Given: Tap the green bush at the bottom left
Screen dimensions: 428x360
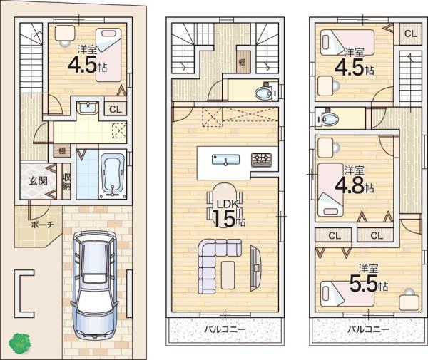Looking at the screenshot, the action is click(20, 344).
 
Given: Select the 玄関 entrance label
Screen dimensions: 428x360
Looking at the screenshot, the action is click(38, 181).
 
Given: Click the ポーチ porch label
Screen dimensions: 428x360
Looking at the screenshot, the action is click(42, 225).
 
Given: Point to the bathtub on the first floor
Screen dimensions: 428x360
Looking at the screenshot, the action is click(113, 175).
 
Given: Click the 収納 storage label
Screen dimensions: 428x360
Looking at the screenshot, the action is click(66, 182).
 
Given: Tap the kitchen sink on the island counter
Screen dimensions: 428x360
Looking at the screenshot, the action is click(225, 160).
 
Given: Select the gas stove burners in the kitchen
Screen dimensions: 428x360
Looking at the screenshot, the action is click(262, 160).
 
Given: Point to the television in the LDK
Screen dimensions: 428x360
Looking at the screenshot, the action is click(255, 268).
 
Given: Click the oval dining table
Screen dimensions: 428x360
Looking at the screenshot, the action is click(225, 201).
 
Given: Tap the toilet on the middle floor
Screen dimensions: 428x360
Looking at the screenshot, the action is click(266, 93).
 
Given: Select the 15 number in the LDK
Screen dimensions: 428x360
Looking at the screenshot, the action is click(224, 219).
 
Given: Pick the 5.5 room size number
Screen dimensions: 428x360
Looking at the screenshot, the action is click(365, 283).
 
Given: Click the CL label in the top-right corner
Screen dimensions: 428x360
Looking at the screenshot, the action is click(411, 34).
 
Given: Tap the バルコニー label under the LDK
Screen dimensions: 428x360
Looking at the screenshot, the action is click(225, 329).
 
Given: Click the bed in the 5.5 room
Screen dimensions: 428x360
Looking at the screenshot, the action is click(347, 293).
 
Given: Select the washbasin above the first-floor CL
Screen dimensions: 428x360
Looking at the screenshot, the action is click(87, 107).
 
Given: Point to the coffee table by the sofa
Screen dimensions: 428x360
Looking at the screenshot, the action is click(228, 275).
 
